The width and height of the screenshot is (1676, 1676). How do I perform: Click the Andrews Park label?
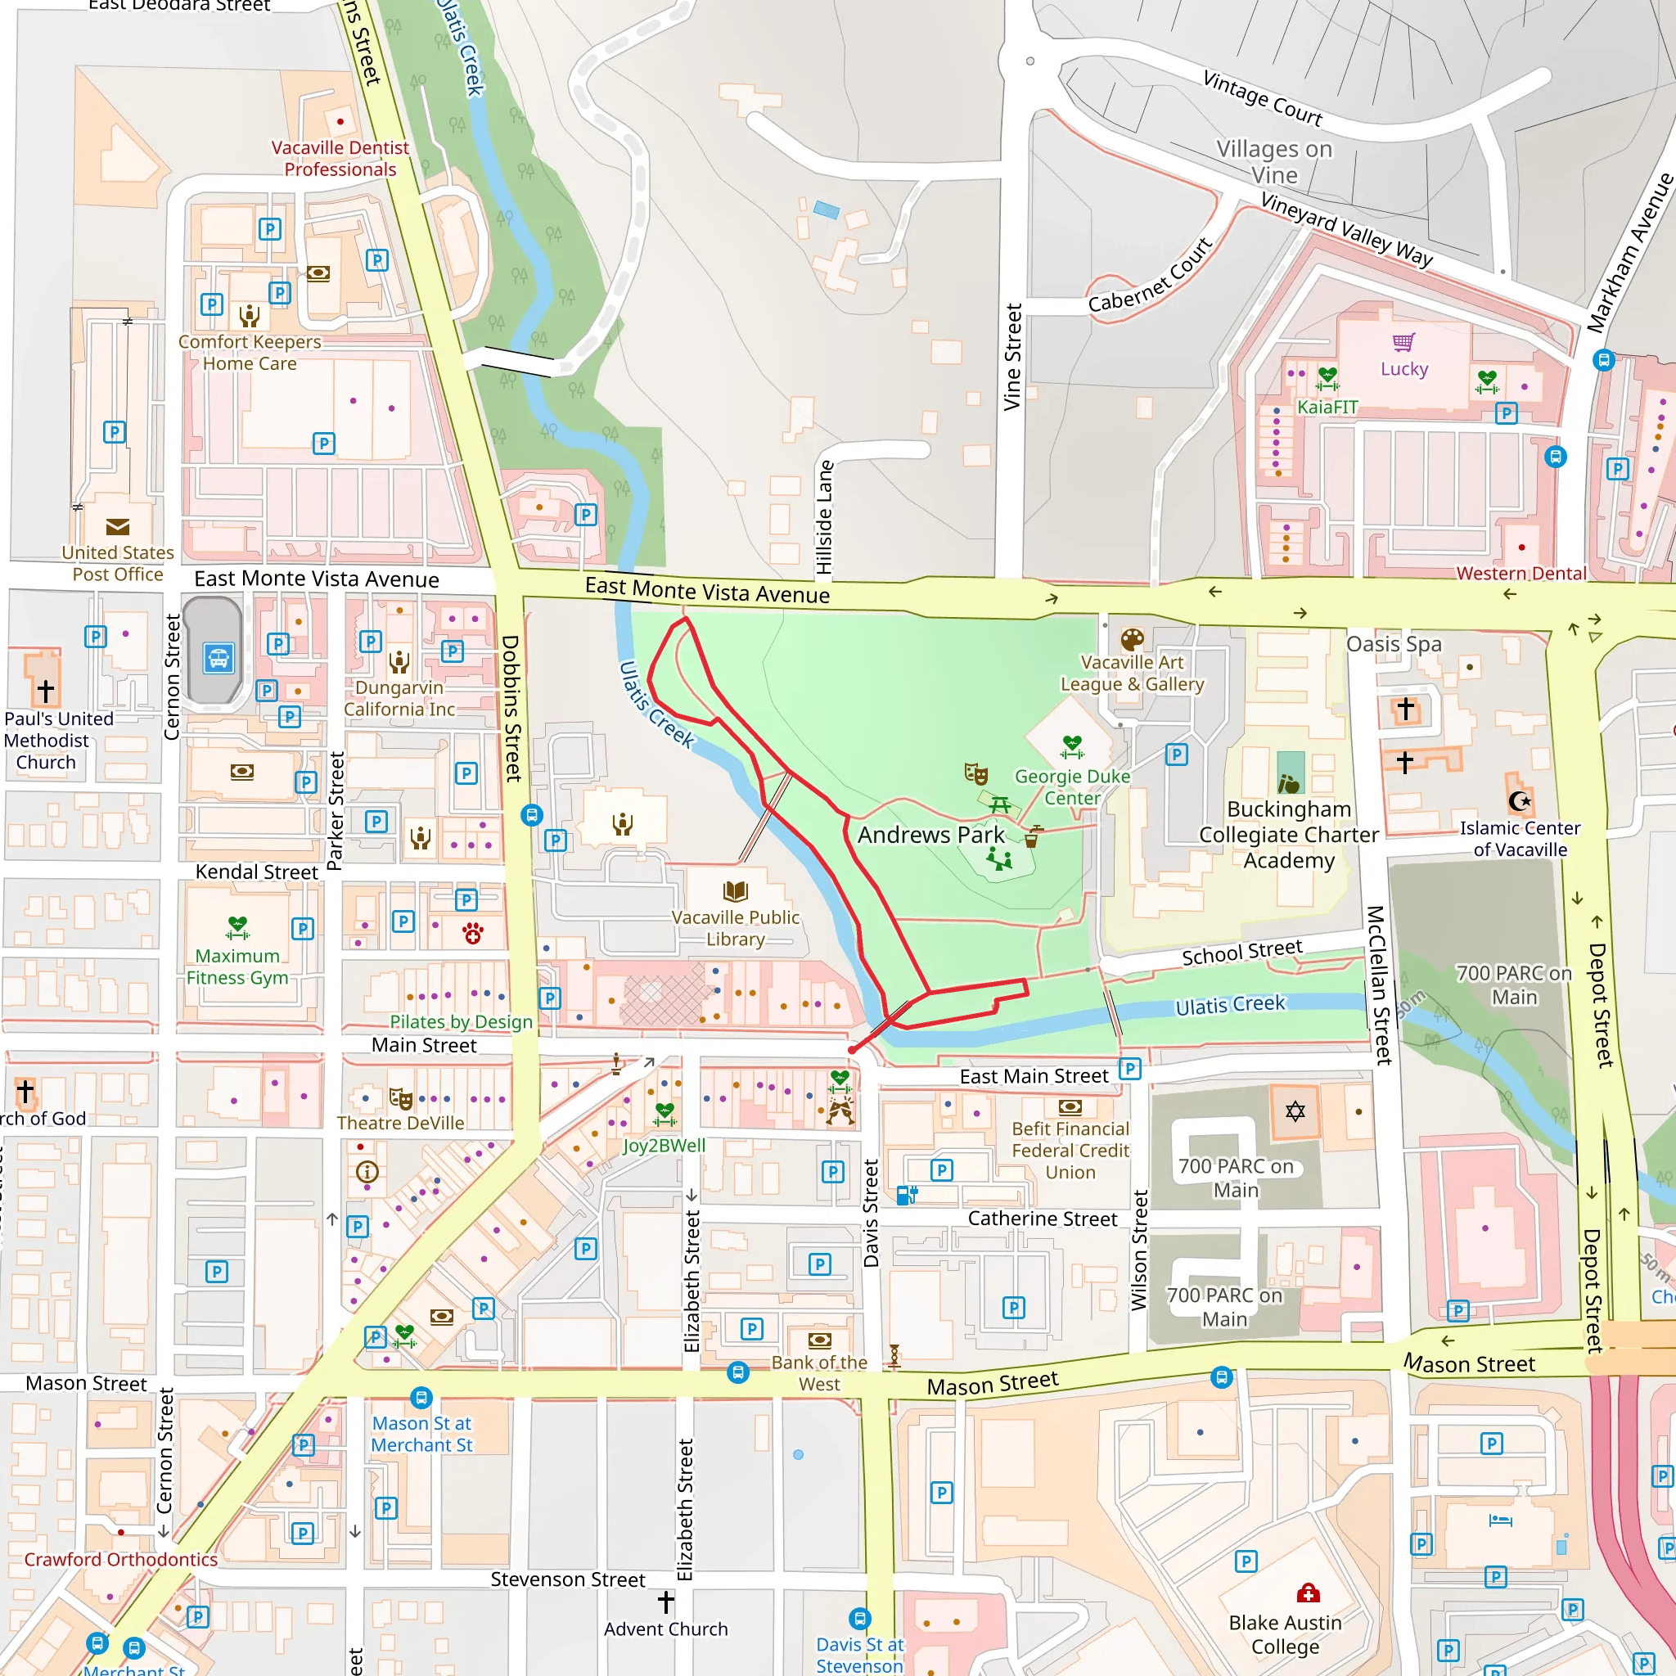coord(930,835)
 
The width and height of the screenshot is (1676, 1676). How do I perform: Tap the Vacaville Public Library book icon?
coord(735,891)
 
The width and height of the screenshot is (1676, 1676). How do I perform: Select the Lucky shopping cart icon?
coord(1403,342)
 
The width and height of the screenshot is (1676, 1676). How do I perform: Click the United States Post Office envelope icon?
coord(117,526)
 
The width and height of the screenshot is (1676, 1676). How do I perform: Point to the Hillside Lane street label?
coord(824,517)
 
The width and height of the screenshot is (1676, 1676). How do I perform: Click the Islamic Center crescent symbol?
coord(1519,800)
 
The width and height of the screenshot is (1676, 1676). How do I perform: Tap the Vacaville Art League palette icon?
coord(1132,640)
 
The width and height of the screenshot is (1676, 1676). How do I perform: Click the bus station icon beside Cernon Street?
coord(218,658)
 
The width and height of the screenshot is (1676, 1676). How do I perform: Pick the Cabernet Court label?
coord(1150,276)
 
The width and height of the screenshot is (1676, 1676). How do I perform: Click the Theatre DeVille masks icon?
coord(400,1098)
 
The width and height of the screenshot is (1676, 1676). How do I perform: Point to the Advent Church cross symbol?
coord(665,1602)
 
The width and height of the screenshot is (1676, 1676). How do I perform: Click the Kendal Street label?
coord(256,872)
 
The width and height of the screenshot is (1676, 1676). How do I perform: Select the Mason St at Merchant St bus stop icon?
coord(421,1398)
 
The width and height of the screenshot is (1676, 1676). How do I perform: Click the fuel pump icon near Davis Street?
coord(907,1196)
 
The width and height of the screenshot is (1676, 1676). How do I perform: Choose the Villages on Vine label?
coord(1273,161)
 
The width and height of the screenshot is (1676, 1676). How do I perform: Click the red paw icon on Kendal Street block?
coord(473,934)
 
